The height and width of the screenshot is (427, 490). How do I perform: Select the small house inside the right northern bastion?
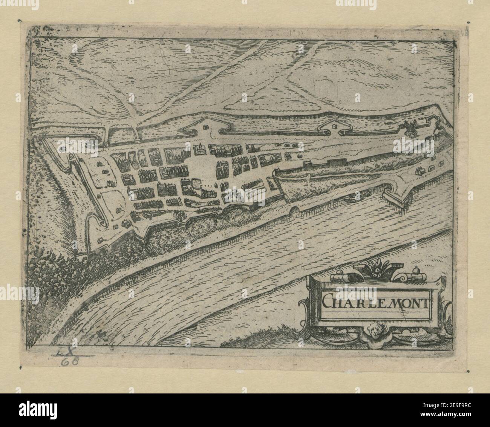[334, 124]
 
